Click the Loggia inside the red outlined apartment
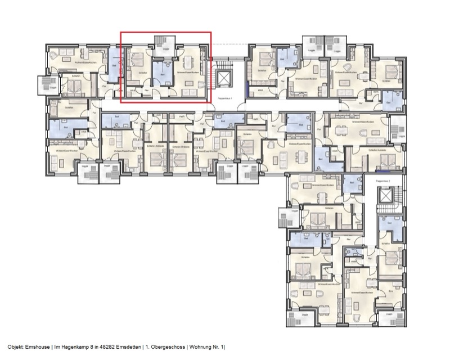click(165, 43)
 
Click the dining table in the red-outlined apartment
click(188, 61)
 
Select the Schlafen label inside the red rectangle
click(142, 73)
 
